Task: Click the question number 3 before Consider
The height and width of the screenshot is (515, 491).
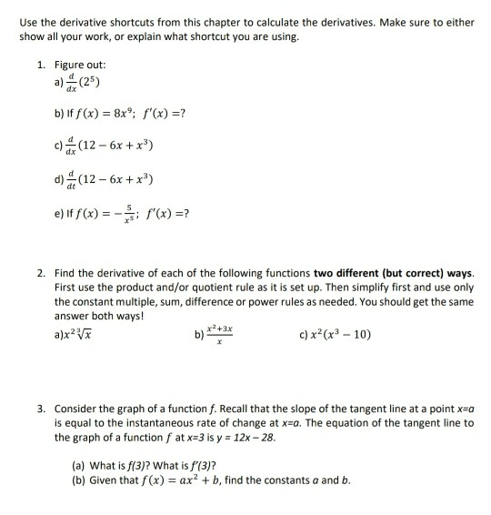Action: pos(41,399)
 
